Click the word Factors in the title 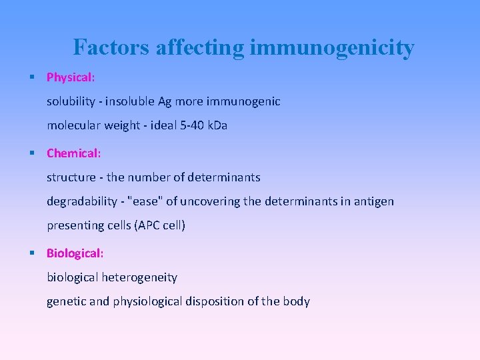click(111, 47)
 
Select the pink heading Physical click(70, 77)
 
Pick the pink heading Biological click(74, 253)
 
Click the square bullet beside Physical click(33, 77)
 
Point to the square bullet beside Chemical click(33, 153)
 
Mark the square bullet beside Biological click(33, 253)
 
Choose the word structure click(70, 177)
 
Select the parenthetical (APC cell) click(159, 225)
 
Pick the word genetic click(66, 301)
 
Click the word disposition click(216, 301)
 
